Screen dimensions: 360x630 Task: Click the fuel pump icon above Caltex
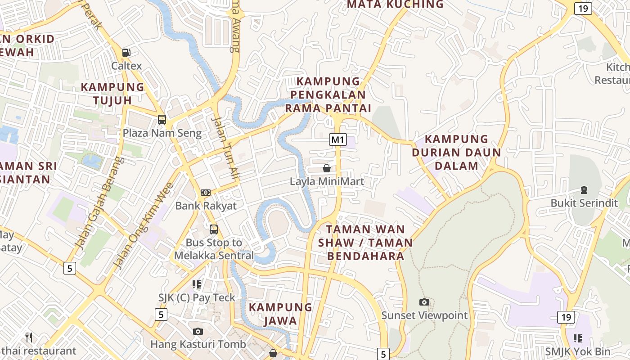(x=126, y=53)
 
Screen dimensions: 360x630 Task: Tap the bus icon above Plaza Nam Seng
(x=162, y=120)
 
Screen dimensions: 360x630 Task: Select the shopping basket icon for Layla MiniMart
(x=327, y=168)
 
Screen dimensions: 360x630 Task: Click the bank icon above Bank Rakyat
(x=206, y=193)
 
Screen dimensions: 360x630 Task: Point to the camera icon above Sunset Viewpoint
(x=424, y=302)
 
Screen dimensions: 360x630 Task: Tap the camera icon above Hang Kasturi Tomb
(x=198, y=331)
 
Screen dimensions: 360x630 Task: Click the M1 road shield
(x=338, y=139)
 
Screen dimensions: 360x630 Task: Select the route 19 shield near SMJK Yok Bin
(x=566, y=317)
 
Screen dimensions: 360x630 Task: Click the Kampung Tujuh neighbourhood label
(x=112, y=94)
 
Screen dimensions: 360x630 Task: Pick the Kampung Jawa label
(x=281, y=314)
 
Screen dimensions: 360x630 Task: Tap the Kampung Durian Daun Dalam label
(x=457, y=152)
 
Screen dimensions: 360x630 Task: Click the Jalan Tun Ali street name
(x=225, y=149)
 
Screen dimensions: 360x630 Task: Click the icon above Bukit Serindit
(x=584, y=190)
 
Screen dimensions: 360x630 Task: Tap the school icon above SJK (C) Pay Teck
(x=197, y=284)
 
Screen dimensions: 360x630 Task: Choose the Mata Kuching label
(x=396, y=4)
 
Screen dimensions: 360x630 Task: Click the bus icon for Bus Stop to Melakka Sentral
(x=214, y=229)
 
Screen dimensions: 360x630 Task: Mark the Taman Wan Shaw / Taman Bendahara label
(x=365, y=243)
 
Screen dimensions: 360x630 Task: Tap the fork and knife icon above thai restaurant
(x=29, y=337)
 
